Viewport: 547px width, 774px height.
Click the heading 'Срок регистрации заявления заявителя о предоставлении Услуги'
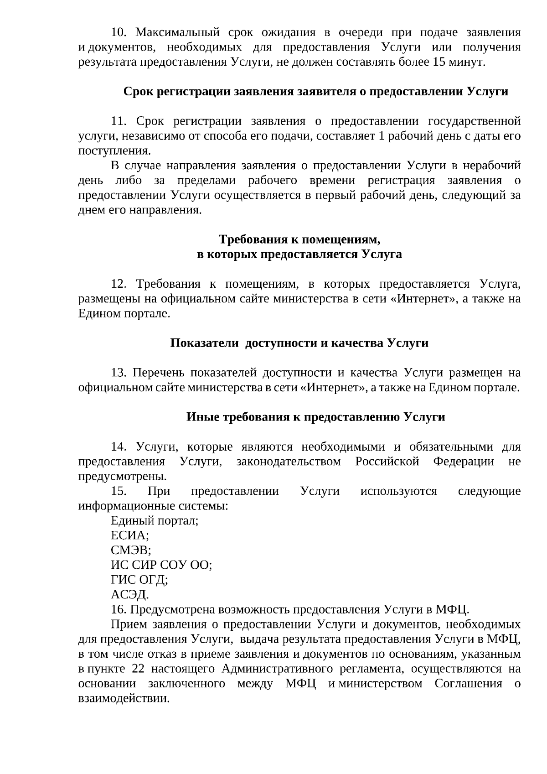pyautogui.click(x=316, y=92)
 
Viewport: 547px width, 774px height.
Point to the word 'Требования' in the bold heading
pyautogui.click(x=251, y=239)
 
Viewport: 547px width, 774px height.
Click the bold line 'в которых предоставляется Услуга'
pyautogui.click(x=299, y=255)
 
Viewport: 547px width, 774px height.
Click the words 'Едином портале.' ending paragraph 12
pyautogui.click(x=124, y=314)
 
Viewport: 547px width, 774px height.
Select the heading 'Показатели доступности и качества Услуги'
pyautogui.click(x=299, y=343)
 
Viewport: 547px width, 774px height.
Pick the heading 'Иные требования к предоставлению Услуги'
pyautogui.click(x=315, y=417)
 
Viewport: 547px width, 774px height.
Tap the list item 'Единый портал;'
pyautogui.click(x=155, y=521)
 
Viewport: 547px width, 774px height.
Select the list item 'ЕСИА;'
pyautogui.click(x=130, y=536)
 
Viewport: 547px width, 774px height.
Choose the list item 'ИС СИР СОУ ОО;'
pyautogui.click(x=161, y=566)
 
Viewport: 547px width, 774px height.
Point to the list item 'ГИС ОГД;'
pyautogui.click(x=139, y=580)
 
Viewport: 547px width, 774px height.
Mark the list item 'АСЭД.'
pyautogui.click(x=130, y=595)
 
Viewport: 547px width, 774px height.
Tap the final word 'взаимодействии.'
pyautogui.click(x=124, y=699)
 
